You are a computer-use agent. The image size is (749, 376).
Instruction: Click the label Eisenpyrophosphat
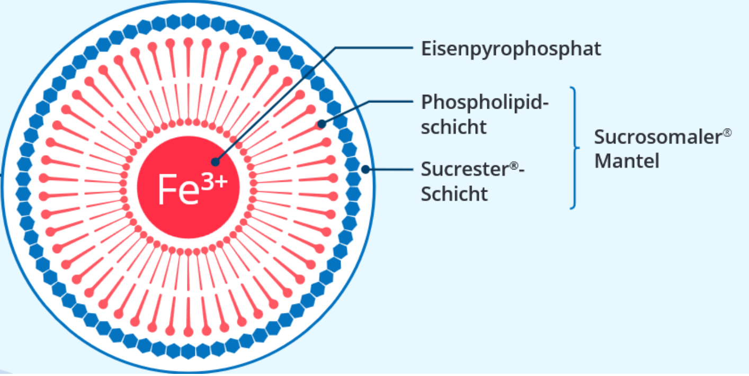point(511,49)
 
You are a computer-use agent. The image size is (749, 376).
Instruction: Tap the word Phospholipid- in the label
point(484,102)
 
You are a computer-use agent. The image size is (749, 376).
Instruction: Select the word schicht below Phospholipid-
point(453,127)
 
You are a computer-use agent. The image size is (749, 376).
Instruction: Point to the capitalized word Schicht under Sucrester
point(454,194)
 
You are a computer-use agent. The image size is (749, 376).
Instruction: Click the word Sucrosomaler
point(657,137)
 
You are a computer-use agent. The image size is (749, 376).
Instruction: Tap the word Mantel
point(626,161)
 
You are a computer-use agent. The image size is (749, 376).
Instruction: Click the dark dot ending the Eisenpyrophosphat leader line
point(215,162)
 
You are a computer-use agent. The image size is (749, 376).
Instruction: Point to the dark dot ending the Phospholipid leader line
point(322,124)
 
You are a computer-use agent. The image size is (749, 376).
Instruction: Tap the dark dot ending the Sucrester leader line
point(365,169)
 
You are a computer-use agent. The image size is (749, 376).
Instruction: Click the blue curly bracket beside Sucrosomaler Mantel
point(575,148)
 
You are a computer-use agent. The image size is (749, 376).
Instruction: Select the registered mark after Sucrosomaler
point(727,132)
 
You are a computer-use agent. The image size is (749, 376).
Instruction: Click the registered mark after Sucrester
point(513,165)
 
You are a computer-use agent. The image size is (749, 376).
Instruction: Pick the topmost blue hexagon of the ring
point(188,21)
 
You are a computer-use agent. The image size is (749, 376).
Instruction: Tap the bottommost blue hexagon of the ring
point(188,351)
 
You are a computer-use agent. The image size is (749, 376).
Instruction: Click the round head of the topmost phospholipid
point(188,42)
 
